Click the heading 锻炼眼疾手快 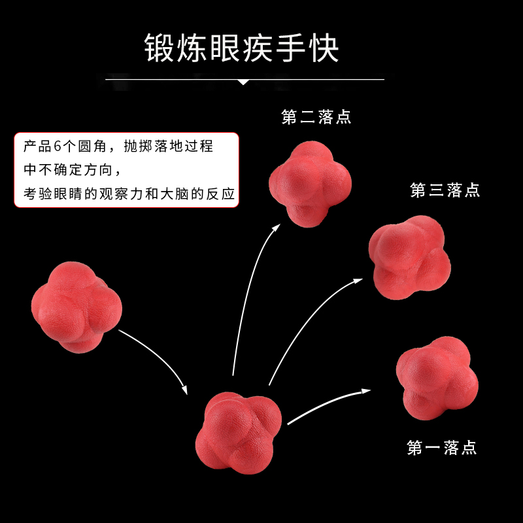click(x=242, y=49)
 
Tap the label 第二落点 click(x=316, y=118)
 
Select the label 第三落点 click(x=445, y=190)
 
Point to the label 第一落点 click(x=442, y=448)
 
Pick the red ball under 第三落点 click(x=409, y=258)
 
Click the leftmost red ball click(x=76, y=307)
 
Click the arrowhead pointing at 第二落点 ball click(x=278, y=226)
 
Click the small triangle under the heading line click(x=243, y=82)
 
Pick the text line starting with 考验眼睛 click(x=128, y=194)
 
